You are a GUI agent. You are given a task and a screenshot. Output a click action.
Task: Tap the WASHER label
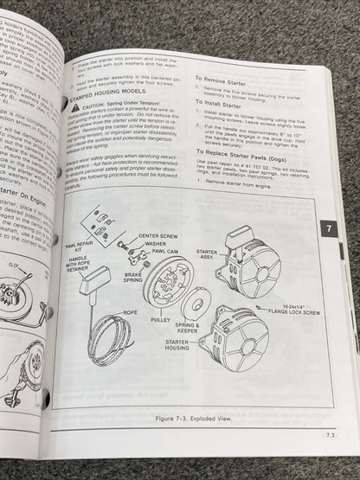point(165,244)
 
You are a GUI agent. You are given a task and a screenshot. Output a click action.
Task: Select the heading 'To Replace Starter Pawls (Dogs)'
point(249,151)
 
